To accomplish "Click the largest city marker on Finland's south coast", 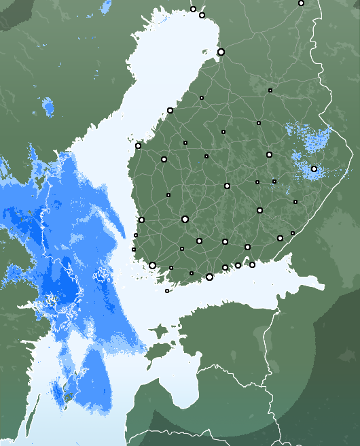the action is tap(209, 277).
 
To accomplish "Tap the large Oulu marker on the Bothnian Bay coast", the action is tap(221, 52).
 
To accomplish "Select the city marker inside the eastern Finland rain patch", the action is tap(314, 169).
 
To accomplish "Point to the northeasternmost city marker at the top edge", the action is tap(301, 3).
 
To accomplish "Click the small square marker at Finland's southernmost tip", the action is tap(167, 291).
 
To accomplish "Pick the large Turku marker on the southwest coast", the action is tap(152, 265).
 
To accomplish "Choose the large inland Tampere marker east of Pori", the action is tap(185, 219).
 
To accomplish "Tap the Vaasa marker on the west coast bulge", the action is tap(138, 145).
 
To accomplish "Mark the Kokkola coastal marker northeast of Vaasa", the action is tap(170, 110).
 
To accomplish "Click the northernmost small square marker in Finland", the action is tap(270, 90).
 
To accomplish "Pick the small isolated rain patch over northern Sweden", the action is tap(48, 106).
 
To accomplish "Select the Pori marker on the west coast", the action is tap(141, 220).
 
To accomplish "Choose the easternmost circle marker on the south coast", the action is tap(280, 238).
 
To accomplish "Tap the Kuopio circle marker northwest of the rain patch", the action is tap(269, 154).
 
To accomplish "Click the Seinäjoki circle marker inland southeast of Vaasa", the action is tap(164, 159).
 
